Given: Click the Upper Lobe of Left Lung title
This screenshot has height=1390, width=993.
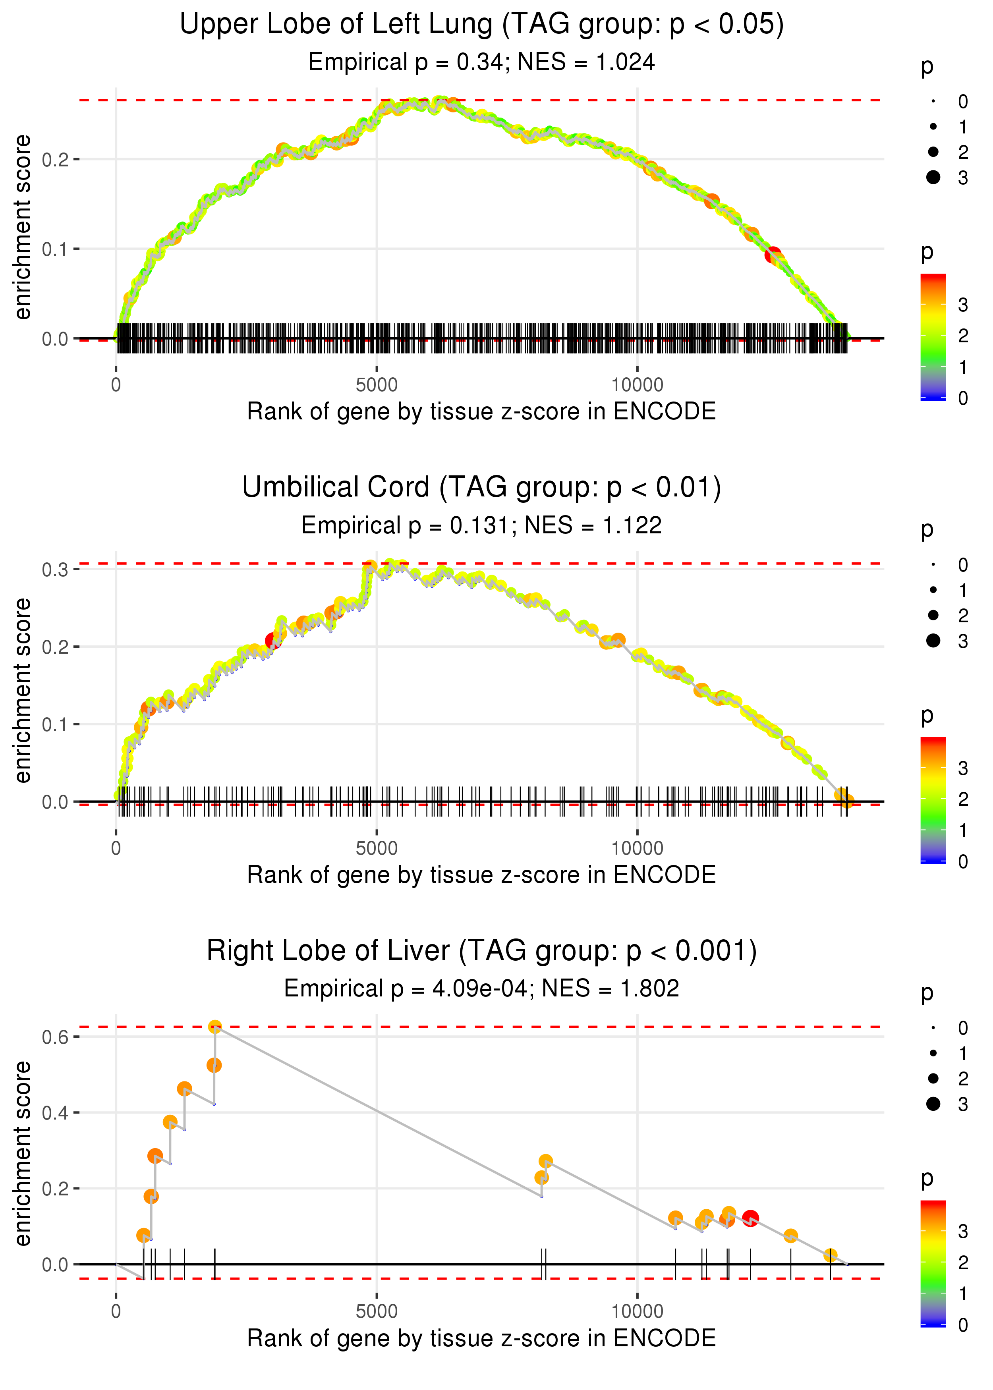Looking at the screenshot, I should (481, 25).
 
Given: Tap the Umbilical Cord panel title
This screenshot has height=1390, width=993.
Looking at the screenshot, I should (481, 488).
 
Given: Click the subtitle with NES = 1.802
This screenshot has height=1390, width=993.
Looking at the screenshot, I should (481, 988).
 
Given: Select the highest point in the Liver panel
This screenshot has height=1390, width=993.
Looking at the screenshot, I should (214, 1027).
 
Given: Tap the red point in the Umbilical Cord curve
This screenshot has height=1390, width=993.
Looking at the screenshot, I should (273, 641).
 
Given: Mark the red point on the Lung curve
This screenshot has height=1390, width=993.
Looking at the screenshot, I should (773, 255).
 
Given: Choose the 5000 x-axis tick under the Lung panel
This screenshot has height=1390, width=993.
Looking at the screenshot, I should (376, 385).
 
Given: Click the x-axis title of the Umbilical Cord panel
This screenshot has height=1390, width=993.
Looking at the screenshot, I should (481, 875).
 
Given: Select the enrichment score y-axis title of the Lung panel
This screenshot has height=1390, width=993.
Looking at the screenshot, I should (23, 228).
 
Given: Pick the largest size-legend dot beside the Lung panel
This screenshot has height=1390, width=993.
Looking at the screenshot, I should (933, 177).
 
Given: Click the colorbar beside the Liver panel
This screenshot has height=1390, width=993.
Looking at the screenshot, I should (933, 1262).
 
